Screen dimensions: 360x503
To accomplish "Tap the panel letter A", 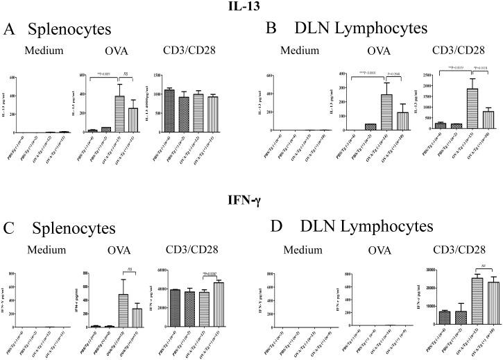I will point(10,30).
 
